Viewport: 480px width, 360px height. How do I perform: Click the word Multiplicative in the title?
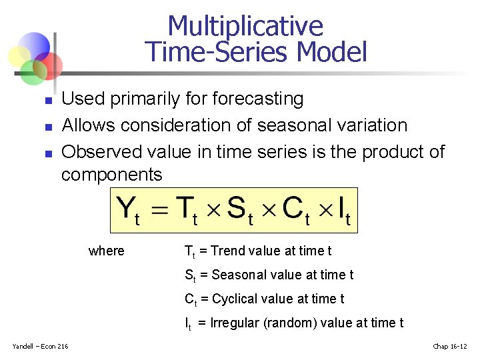tap(245, 26)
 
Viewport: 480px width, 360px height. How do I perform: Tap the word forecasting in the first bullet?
tap(257, 99)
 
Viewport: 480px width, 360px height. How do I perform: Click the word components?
tap(111, 175)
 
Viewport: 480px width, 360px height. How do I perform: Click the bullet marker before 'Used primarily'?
tap(47, 101)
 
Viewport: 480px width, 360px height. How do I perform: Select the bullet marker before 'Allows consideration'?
tap(47, 127)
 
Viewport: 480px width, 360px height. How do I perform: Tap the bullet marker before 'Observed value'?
tap(47, 153)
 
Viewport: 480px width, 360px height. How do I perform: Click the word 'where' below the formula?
tap(106, 251)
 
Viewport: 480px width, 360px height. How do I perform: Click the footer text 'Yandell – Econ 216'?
tap(40, 345)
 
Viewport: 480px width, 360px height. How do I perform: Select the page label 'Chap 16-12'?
tap(450, 345)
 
